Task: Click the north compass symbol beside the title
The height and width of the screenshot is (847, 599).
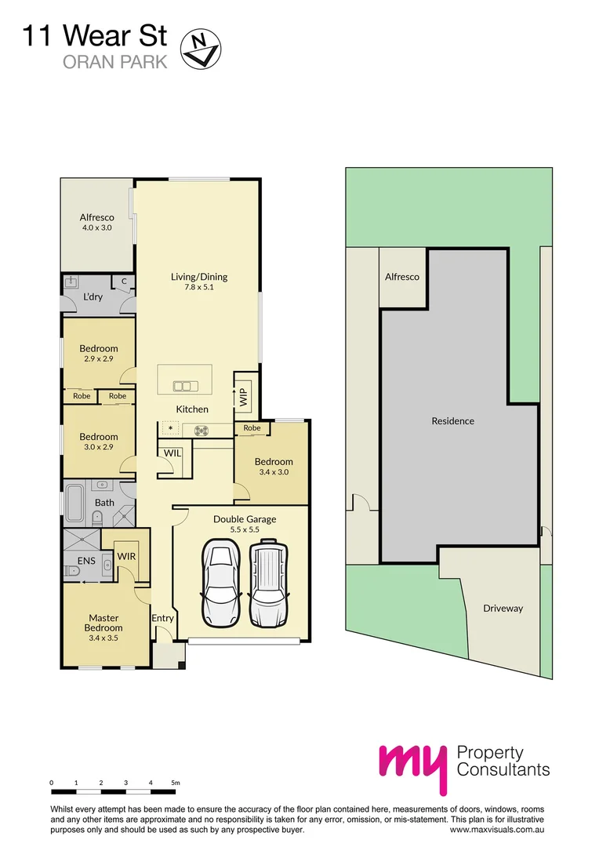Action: (x=201, y=48)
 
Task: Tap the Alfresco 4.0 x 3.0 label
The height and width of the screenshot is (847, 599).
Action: (x=97, y=222)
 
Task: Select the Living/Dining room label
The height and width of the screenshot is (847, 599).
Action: (x=199, y=282)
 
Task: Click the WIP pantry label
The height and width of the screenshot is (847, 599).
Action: (x=242, y=395)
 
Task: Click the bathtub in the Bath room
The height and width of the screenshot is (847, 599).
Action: (x=75, y=503)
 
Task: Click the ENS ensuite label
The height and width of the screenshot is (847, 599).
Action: (x=86, y=561)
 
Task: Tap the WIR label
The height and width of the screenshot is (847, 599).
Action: (x=126, y=556)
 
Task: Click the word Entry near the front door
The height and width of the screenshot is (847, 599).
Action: (x=162, y=619)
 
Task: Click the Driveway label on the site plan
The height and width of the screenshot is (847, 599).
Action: (x=503, y=609)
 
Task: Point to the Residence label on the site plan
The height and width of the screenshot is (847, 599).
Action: (x=452, y=421)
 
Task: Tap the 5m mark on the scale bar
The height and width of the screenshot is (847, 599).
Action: (x=176, y=782)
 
